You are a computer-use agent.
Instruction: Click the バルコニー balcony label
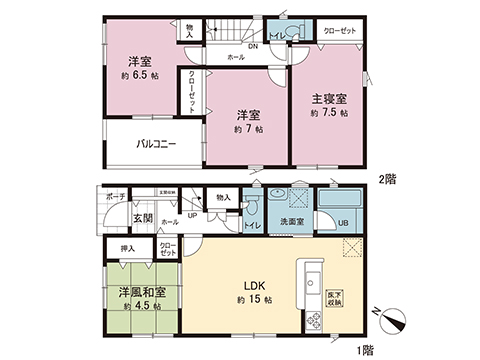(157, 144)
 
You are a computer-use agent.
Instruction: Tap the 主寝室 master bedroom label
(329, 99)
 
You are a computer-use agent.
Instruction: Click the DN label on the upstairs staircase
(254, 45)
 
